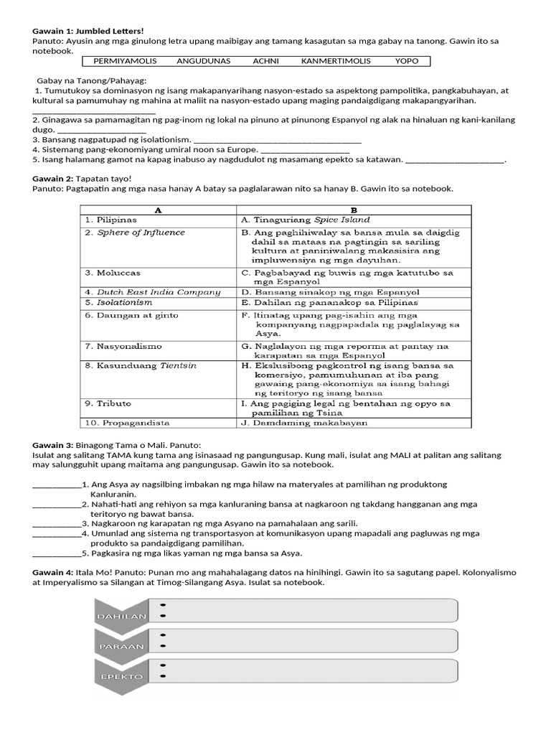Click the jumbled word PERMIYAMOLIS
click(125, 61)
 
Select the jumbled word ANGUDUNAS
click(203, 61)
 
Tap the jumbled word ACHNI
click(265, 61)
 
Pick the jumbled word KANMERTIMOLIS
click(336, 61)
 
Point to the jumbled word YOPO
click(406, 61)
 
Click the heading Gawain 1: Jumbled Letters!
click(88, 31)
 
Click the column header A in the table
click(157, 210)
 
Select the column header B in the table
click(354, 210)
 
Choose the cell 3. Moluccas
click(113, 273)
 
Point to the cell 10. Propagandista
click(127, 423)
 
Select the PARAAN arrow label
click(121, 646)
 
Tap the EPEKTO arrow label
click(121, 676)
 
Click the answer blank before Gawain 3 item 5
click(57, 553)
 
